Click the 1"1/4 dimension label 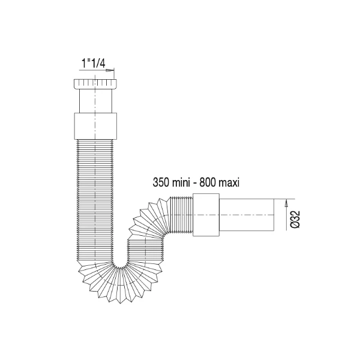click(94, 64)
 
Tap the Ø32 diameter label click(295, 219)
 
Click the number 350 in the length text click(160, 183)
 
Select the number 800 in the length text click(206, 183)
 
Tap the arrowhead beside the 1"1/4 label click(110, 70)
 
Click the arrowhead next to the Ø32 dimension click(286, 203)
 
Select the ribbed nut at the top click(95, 84)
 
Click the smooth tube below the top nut click(95, 101)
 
